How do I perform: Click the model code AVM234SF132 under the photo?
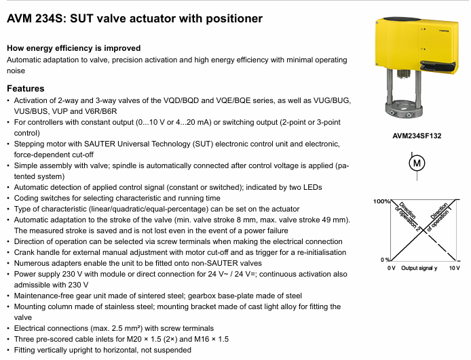point(417,136)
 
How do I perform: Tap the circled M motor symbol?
point(417,163)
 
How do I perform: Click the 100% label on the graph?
point(380,202)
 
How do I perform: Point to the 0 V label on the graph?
point(391,268)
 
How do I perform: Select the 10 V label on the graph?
point(454,268)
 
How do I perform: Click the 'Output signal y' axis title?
point(419,268)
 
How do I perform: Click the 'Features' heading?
point(25,89)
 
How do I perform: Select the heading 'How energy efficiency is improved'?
point(73,48)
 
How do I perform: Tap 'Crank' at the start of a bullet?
point(26,252)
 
